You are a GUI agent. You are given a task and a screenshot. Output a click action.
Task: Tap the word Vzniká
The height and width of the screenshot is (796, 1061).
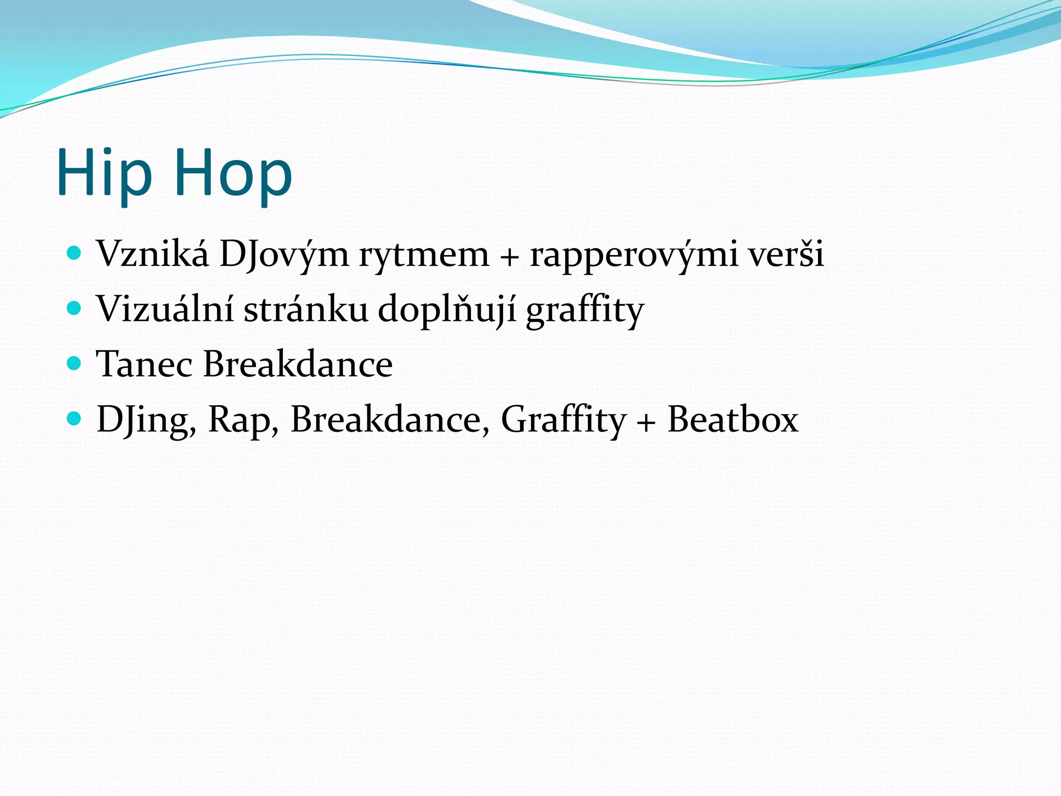[x=153, y=254]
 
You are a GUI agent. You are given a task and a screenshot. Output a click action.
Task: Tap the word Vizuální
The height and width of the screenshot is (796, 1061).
[x=165, y=309]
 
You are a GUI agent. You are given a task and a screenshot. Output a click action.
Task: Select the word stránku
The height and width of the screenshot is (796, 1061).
[x=306, y=309]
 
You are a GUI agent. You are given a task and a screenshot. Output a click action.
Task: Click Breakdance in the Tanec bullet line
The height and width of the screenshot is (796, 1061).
[x=298, y=364]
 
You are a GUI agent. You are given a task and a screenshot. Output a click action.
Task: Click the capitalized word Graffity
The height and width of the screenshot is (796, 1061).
[x=564, y=420]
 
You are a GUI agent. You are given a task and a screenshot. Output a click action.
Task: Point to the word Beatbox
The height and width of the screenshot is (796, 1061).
[x=733, y=419]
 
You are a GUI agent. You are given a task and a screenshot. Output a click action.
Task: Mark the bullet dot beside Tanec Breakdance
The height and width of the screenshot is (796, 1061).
[x=75, y=363]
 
